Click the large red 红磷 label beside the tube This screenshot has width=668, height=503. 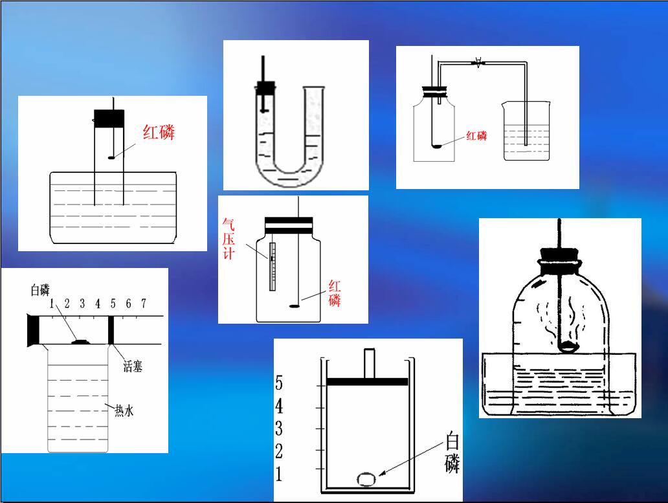tap(159, 132)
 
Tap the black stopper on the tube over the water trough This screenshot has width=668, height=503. tap(109, 119)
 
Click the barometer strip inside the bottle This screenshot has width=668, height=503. tap(273, 267)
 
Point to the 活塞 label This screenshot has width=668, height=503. tap(133, 366)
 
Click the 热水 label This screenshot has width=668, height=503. tap(124, 410)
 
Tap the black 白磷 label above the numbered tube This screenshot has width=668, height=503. tap(40, 290)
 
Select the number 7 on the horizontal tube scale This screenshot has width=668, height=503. tap(144, 303)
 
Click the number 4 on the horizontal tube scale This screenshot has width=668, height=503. tap(98, 303)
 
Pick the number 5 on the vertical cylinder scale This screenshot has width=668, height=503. tap(278, 383)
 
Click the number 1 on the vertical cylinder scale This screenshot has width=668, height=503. tap(278, 474)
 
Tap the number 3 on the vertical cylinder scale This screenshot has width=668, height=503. tap(278, 429)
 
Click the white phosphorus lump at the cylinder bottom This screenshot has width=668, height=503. tap(366, 480)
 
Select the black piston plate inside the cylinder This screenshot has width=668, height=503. tap(367, 381)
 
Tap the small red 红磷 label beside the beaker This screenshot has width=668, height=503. tap(476, 136)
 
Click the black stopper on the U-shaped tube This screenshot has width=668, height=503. tap(265, 88)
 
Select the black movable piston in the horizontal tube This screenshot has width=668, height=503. tap(111, 330)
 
